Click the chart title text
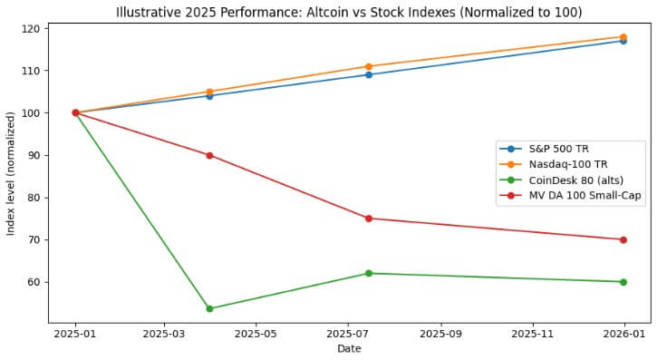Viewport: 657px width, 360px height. pyautogui.click(x=349, y=12)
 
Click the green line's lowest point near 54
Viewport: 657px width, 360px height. pyautogui.click(x=210, y=308)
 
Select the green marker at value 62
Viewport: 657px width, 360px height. pyautogui.click(x=369, y=273)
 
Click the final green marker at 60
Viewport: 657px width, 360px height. pyautogui.click(x=623, y=282)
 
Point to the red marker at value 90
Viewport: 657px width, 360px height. pyautogui.click(x=210, y=155)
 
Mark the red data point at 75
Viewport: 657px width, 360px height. pyautogui.click(x=369, y=219)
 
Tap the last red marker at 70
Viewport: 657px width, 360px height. pyautogui.click(x=623, y=239)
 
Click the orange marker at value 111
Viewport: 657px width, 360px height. pyautogui.click(x=369, y=66)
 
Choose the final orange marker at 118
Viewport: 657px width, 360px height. pyautogui.click(x=623, y=37)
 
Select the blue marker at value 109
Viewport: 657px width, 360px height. pyautogui.click(x=369, y=74)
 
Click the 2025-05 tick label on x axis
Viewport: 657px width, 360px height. pyautogui.click(x=256, y=333)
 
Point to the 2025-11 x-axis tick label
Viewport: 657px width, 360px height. pyautogui.click(x=533, y=333)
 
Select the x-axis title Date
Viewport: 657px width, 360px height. pyautogui.click(x=349, y=348)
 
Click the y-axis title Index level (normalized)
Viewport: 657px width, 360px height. pyautogui.click(x=11, y=173)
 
